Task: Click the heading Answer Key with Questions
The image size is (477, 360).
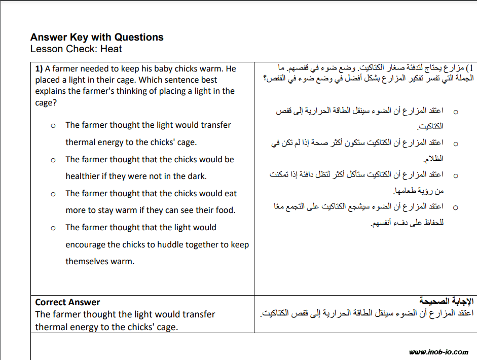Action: coord(97,37)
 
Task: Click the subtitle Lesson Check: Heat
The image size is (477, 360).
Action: coord(76,49)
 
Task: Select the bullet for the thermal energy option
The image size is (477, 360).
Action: coord(53,126)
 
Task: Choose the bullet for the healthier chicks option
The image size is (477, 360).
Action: coord(53,160)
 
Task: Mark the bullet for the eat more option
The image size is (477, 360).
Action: coord(53,194)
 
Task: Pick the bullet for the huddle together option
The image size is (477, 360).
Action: coord(53,228)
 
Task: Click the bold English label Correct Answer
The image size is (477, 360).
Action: coord(67,302)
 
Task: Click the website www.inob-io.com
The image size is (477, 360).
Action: coord(438,352)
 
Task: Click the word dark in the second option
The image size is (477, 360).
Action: coord(197,176)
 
